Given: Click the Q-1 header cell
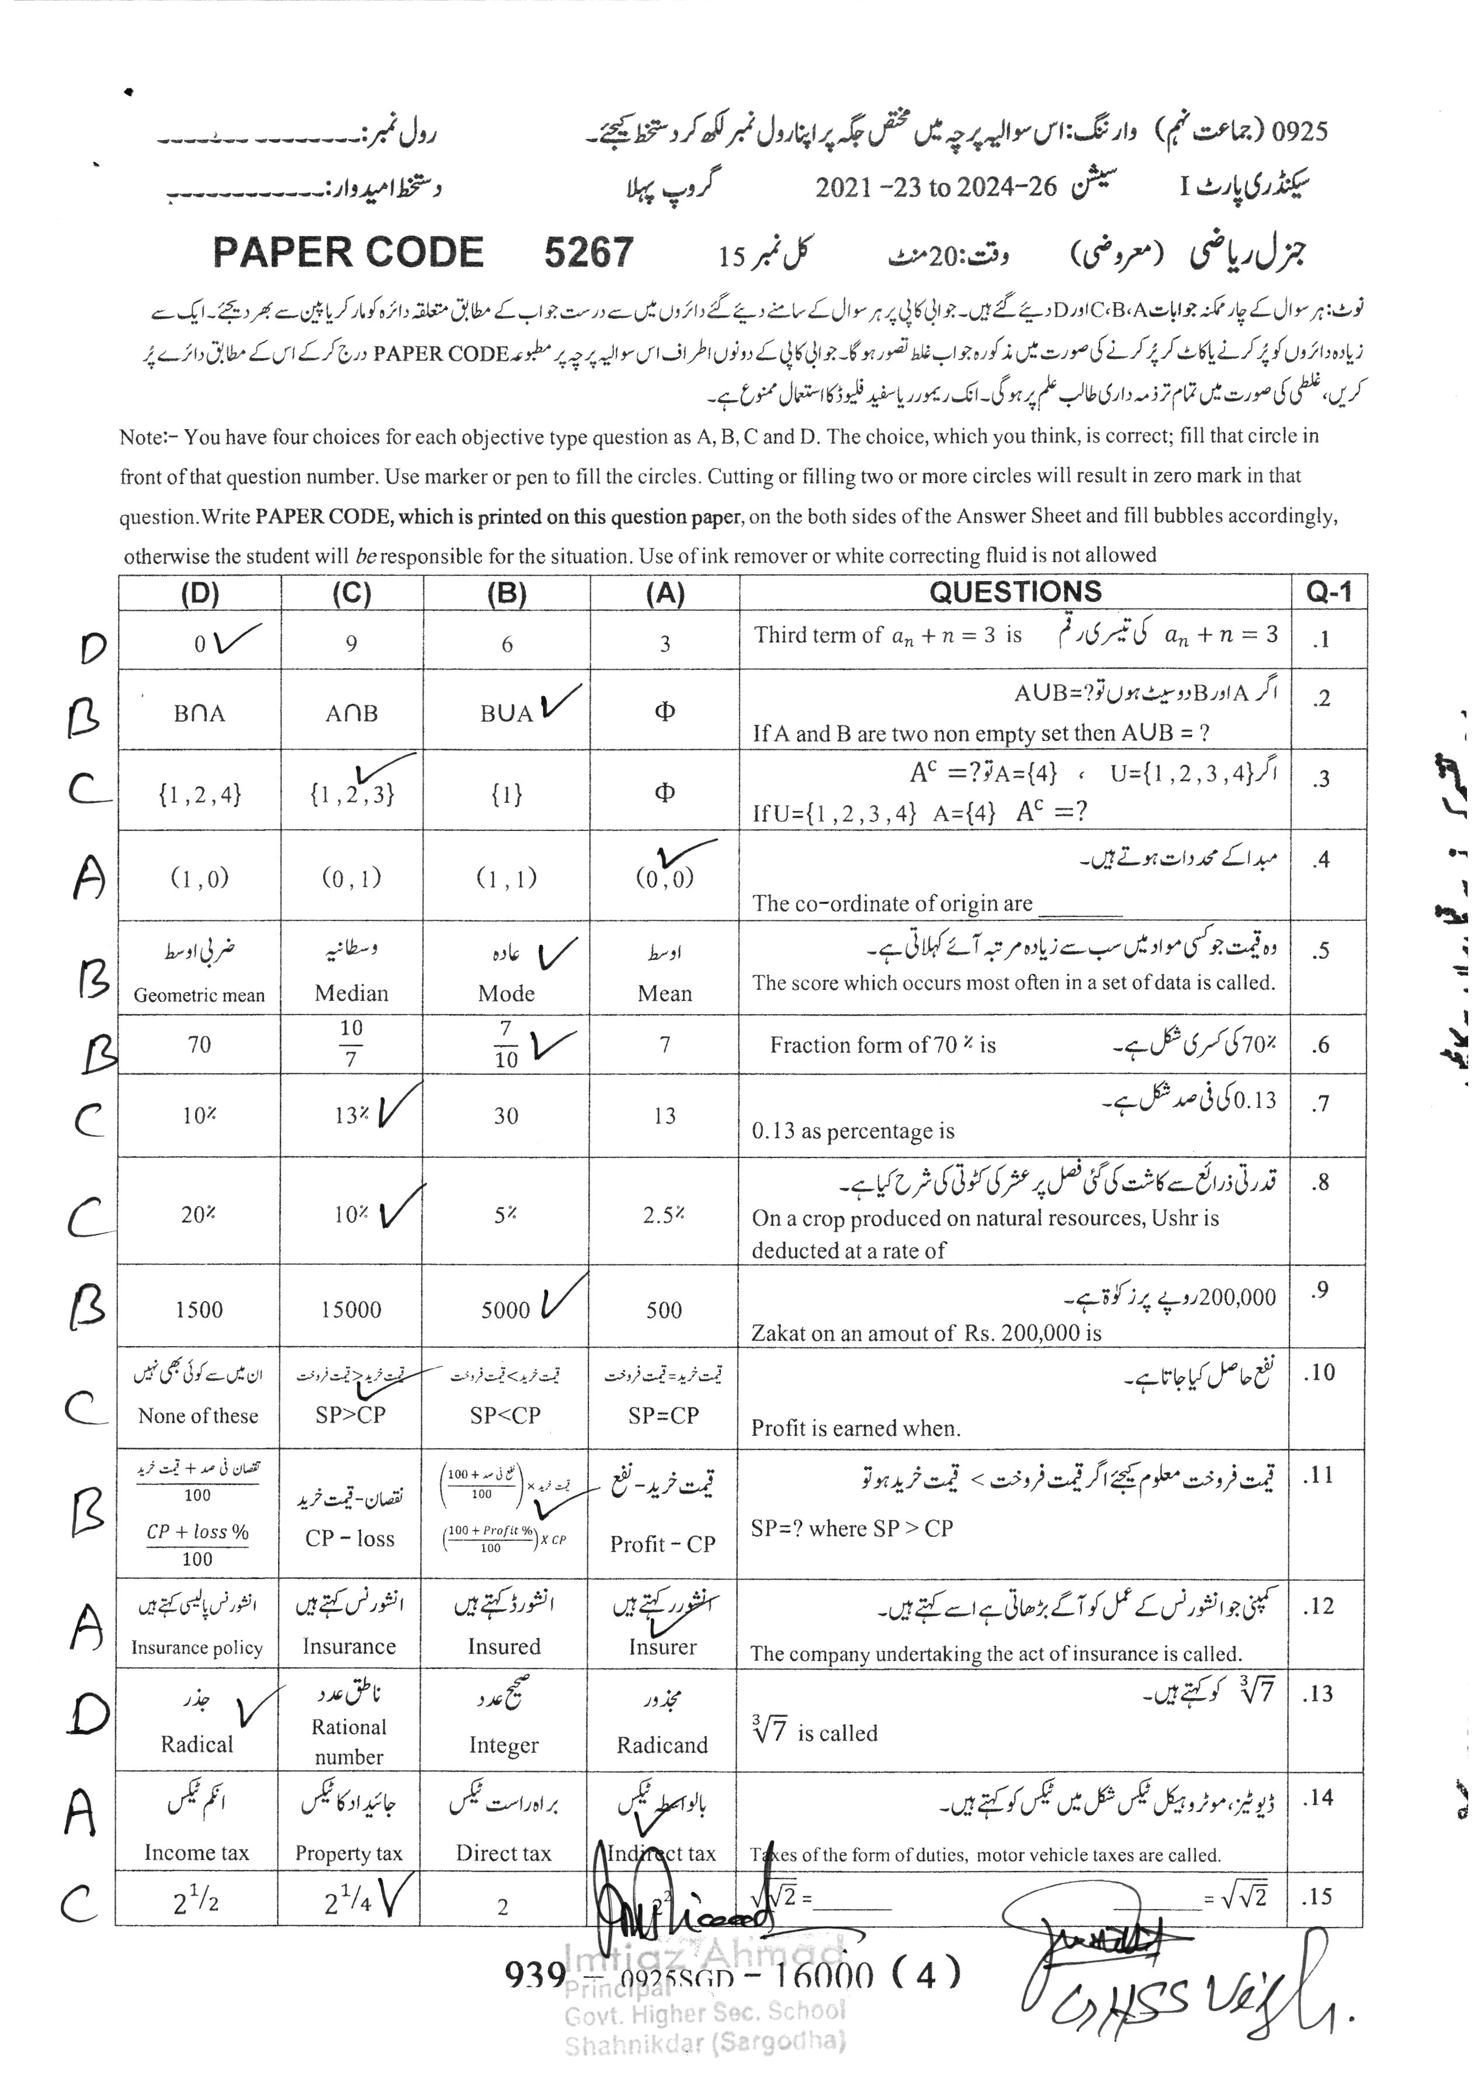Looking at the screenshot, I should pyautogui.click(x=1328, y=593).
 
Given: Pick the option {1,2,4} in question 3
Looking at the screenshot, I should pyautogui.click(x=200, y=795).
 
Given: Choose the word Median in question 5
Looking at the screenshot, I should pyautogui.click(x=351, y=993).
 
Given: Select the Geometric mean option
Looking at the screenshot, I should pyautogui.click(x=200, y=994).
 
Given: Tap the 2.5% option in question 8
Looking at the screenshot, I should pyautogui.click(x=664, y=1215).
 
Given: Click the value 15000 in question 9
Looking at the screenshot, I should pyautogui.click(x=351, y=1309).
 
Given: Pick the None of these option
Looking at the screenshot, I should pyautogui.click(x=198, y=1416).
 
